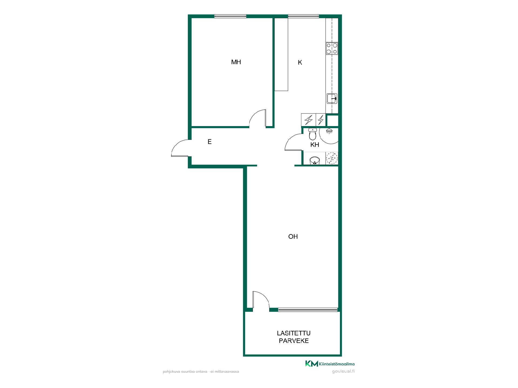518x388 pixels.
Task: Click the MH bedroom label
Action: pyautogui.click(x=236, y=62)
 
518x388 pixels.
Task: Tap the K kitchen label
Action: pyautogui.click(x=300, y=63)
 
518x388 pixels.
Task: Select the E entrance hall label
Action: pyautogui.click(x=210, y=142)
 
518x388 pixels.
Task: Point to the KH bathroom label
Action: pyautogui.click(x=315, y=145)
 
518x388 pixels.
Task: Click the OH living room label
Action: pyautogui.click(x=293, y=237)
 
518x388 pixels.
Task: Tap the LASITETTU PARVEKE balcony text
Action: pyautogui.click(x=294, y=337)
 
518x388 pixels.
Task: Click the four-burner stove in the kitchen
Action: pyautogui.click(x=332, y=48)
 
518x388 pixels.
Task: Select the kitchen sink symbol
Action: pyautogui.click(x=332, y=98)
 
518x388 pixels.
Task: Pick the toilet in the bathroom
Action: pyautogui.click(x=312, y=134)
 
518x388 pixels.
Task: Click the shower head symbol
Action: pyautogui.click(x=329, y=131)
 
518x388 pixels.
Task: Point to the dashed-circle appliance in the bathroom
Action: pyautogui.click(x=332, y=158)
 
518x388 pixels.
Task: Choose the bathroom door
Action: pyautogui.click(x=293, y=142)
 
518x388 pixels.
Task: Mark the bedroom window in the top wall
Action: pyautogui.click(x=230, y=16)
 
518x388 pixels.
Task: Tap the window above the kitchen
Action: pyautogui.click(x=304, y=16)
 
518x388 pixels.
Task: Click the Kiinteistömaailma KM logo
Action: pyautogui.click(x=330, y=364)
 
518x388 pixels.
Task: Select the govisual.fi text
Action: pyautogui.click(x=343, y=371)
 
